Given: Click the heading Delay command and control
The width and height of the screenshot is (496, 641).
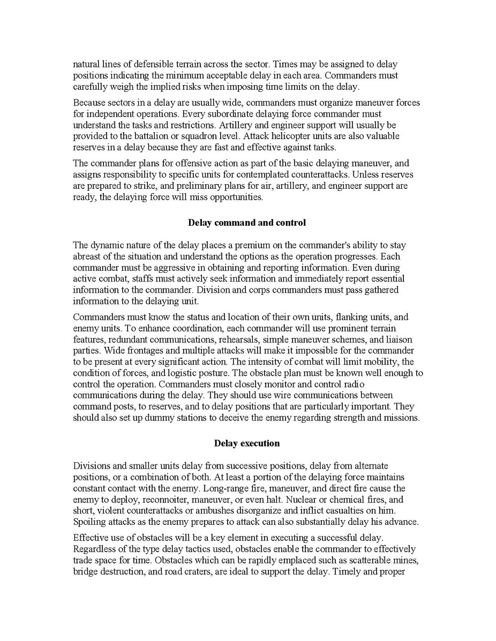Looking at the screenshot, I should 247,223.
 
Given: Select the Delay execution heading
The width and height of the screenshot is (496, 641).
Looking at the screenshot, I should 247,443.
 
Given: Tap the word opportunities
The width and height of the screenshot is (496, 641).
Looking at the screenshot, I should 237,197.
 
